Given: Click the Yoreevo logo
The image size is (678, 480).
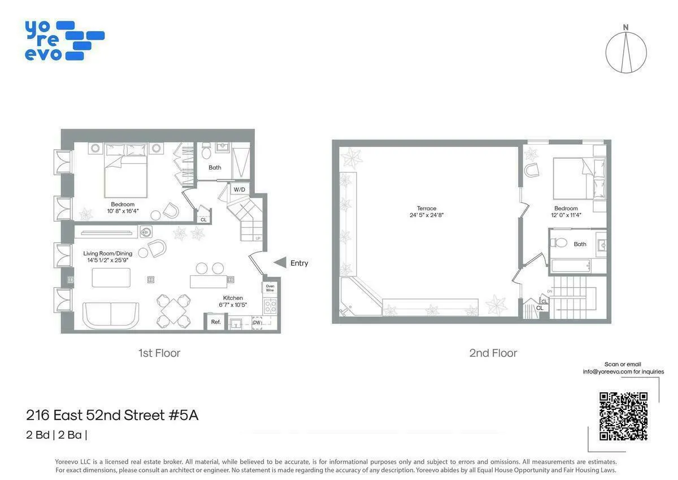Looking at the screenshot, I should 64,41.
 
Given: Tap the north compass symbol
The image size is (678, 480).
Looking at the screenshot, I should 626,51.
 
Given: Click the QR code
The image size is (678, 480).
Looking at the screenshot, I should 623,416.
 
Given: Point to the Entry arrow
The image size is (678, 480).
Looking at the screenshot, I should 280,262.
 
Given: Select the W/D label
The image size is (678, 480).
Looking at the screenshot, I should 240,189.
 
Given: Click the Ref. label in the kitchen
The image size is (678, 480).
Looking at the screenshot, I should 216,322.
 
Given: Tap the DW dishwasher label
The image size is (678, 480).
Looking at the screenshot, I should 257,322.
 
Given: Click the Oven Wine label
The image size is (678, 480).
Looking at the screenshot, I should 270,288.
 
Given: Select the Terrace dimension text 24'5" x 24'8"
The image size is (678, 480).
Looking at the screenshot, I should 427,215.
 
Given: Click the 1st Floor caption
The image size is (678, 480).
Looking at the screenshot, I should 159,353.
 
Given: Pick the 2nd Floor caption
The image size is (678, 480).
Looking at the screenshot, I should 493,353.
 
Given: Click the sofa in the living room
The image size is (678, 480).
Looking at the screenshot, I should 111,314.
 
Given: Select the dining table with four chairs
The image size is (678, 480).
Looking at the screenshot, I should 174,310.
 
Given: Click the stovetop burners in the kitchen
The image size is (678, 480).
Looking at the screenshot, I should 271,306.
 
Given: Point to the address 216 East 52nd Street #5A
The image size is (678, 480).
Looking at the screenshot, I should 112,416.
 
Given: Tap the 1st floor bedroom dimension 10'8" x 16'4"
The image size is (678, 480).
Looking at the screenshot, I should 123,211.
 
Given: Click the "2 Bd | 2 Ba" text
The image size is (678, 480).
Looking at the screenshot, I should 56,435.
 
